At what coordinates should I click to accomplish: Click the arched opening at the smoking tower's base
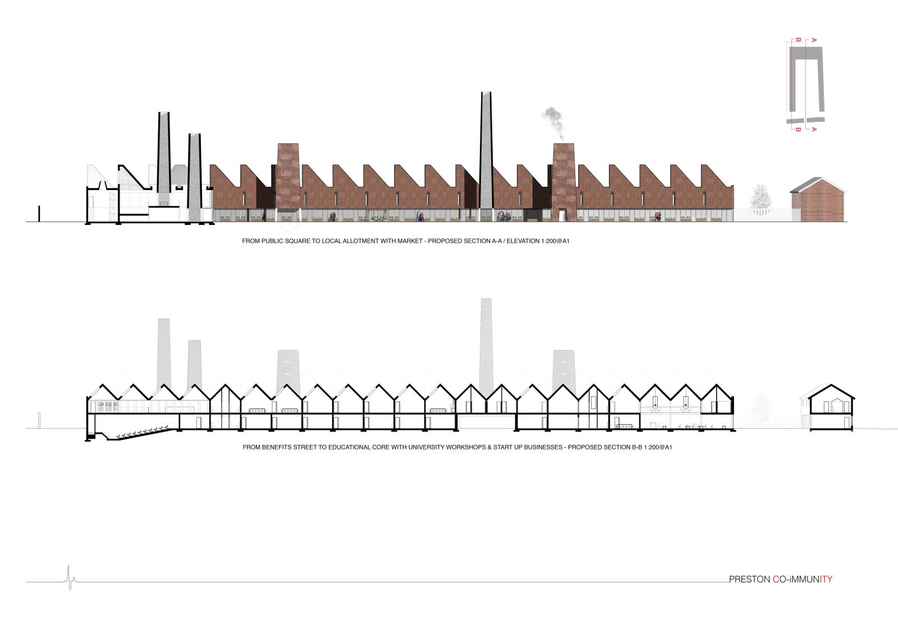(563, 214)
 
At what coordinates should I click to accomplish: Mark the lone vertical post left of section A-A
(39, 214)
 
